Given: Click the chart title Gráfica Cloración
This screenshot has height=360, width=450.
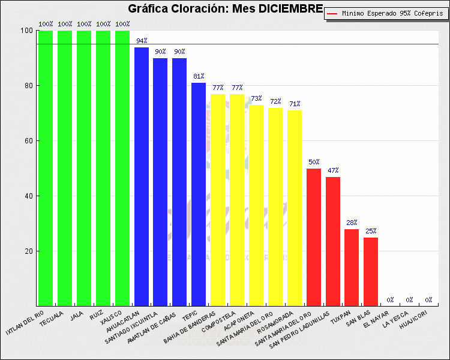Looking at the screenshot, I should coord(226,9).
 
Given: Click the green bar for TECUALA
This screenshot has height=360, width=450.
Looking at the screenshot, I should coord(65,168).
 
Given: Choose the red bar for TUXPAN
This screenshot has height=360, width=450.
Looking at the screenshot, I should coord(352,268).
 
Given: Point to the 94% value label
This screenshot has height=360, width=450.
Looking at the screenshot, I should coord(142,41).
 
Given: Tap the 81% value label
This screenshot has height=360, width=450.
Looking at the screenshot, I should coord(199,76).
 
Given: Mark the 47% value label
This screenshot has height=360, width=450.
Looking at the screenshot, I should coord(333,170).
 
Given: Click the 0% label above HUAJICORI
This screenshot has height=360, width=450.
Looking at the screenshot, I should coord(428,299).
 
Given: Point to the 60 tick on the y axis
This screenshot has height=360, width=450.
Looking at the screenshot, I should coord(28,141).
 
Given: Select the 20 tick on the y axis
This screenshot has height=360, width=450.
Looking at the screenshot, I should coord(28,251).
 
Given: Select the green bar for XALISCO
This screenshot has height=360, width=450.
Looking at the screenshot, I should coord(122,168).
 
